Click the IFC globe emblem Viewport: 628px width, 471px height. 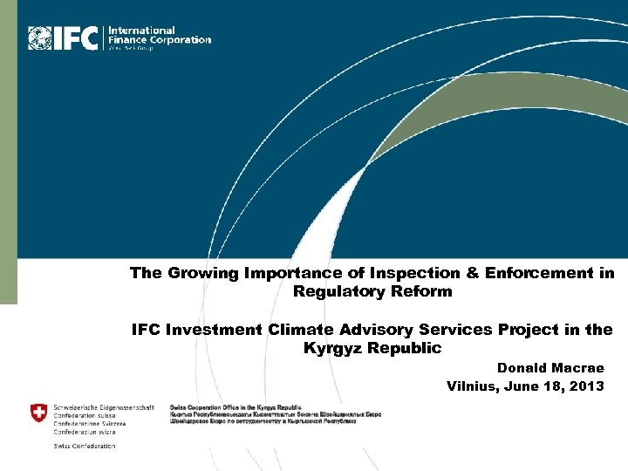pyautogui.click(x=40, y=38)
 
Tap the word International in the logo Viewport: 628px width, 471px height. pyautogui.click(x=141, y=31)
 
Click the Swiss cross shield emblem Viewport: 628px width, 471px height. pyautogui.click(x=39, y=413)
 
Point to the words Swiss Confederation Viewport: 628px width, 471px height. pyautogui.click(x=84, y=446)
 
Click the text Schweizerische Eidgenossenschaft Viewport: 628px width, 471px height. pyautogui.click(x=104, y=407)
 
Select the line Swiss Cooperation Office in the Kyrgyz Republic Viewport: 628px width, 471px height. pyautogui.click(x=235, y=407)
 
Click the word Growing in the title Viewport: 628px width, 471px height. pyautogui.click(x=201, y=273)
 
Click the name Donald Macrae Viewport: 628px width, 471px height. pyautogui.click(x=550, y=368)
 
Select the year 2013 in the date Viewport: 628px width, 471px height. pyautogui.click(x=586, y=386)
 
